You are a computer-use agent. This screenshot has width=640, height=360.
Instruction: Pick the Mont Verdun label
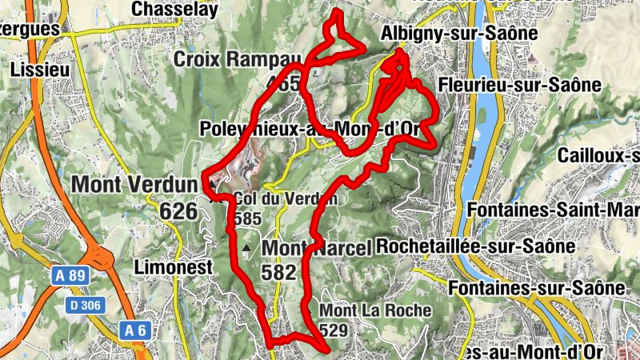click(134, 184)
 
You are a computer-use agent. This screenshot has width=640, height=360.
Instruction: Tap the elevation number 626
click(178, 211)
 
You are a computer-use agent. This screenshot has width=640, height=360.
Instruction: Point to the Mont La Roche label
click(375, 310)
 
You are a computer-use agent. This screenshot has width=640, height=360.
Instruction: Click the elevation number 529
click(334, 330)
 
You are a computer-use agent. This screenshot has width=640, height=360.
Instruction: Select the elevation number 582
click(279, 272)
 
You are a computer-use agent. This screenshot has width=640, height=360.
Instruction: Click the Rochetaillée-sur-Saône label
click(475, 246)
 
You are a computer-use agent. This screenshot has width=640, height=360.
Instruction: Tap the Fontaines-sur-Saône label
click(536, 286)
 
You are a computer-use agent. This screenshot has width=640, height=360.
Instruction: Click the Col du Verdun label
click(286, 199)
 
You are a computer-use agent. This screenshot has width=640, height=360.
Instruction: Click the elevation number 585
click(248, 218)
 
